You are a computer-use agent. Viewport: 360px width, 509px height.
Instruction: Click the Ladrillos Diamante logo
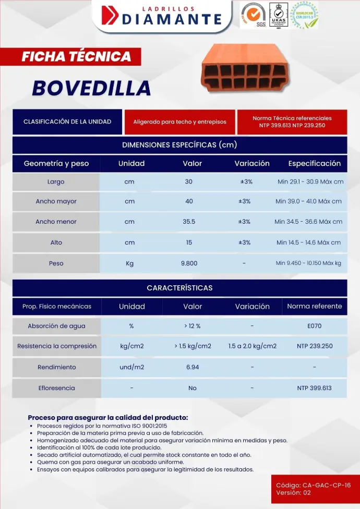(162, 16)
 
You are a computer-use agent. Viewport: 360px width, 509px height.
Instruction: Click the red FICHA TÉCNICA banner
(76, 56)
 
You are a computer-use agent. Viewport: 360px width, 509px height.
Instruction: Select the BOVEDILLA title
(91, 88)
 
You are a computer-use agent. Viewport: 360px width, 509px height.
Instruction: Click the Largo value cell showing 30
(189, 182)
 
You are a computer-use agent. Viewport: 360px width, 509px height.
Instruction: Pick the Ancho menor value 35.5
(189, 222)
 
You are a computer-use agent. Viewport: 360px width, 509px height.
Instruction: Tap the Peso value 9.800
(189, 263)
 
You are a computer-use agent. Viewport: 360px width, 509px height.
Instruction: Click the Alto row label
(56, 243)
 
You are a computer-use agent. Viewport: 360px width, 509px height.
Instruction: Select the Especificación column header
(314, 163)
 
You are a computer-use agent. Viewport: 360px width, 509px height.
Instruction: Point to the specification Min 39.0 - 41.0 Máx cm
(309, 201)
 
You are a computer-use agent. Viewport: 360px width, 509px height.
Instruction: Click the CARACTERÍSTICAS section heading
(179, 288)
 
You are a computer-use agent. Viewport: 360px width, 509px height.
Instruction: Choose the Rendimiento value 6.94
(193, 367)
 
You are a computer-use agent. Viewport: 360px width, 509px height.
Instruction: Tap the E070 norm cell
(315, 326)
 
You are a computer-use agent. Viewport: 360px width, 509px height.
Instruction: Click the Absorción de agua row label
(56, 326)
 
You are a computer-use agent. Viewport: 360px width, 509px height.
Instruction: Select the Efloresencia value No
(193, 388)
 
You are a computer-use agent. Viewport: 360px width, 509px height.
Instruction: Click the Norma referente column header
(315, 306)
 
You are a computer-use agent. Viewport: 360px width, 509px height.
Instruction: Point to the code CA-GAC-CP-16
(314, 486)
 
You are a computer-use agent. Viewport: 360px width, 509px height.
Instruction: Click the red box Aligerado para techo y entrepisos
(180, 122)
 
